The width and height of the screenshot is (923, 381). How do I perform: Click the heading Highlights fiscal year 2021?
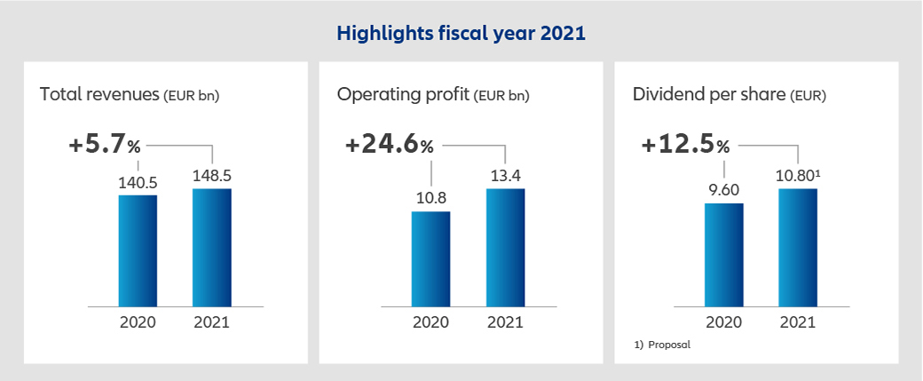[x=461, y=34]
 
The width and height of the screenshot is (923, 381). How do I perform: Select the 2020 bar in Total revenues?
[x=138, y=250]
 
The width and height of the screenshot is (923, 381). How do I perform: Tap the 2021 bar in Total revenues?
[x=211, y=247]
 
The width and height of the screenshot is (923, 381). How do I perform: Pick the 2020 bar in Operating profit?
[x=430, y=258]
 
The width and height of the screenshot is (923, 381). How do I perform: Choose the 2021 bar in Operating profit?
[x=505, y=247]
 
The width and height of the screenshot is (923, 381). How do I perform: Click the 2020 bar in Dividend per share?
[x=724, y=255]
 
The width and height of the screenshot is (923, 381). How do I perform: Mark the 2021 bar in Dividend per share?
[x=798, y=247]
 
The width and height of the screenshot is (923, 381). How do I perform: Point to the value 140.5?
[x=138, y=182]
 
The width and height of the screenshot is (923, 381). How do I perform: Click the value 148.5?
[x=211, y=175]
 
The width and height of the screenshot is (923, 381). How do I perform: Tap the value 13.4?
[x=505, y=175]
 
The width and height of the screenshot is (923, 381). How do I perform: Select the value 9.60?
[x=724, y=189]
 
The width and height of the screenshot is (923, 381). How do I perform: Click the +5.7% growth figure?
[x=105, y=146]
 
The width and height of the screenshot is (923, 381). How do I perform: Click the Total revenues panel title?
[x=130, y=94]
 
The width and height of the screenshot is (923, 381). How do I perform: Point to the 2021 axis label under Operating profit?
[x=505, y=321]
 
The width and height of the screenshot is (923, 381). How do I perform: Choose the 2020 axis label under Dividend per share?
[x=724, y=321]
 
